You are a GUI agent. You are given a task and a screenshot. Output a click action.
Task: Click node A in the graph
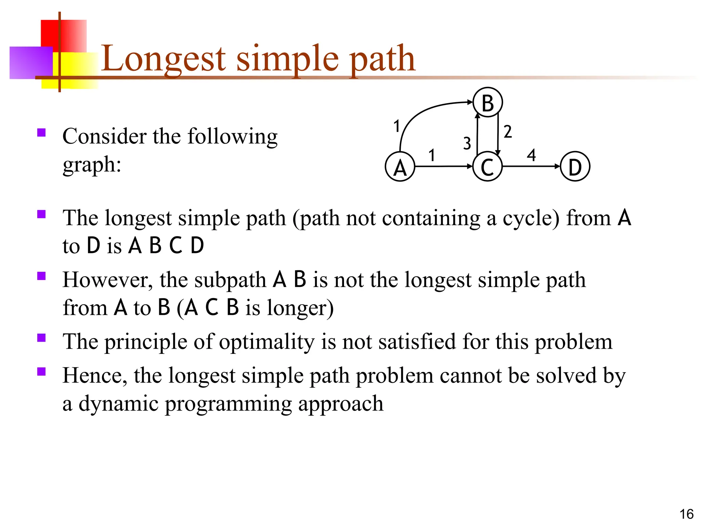tap(400, 167)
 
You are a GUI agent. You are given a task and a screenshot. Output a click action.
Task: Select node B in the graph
tap(487, 103)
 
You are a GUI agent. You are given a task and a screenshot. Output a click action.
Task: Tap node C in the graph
tap(487, 167)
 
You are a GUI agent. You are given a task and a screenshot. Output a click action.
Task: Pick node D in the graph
tap(575, 167)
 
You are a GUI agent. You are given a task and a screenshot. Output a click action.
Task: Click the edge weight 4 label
tap(531, 155)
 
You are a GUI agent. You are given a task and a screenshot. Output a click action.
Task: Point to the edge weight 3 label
tap(467, 143)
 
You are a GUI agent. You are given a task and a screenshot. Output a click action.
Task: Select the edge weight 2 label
tap(508, 132)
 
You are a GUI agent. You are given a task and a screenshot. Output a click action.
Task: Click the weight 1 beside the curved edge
tap(397, 126)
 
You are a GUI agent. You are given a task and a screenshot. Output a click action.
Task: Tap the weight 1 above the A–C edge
tap(432, 155)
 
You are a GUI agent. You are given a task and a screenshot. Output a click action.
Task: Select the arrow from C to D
tap(531, 166)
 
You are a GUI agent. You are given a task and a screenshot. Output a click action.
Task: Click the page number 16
tap(686, 514)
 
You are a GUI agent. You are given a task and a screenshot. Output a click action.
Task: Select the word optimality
tap(266, 342)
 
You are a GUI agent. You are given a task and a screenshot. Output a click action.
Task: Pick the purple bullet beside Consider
tap(41, 133)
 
